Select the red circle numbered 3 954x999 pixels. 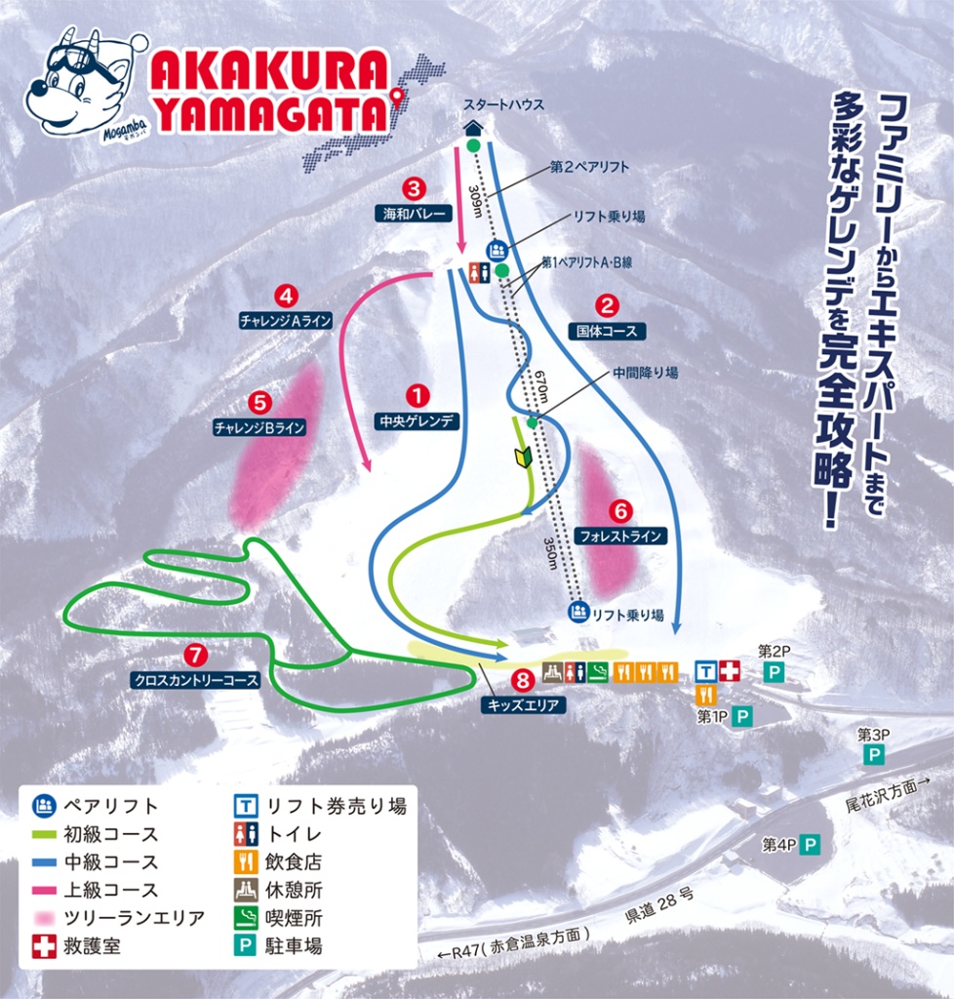pos(414,187)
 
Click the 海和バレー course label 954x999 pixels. pos(414,212)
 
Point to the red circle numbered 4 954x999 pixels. pos(286,295)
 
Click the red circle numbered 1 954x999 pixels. pos(417,396)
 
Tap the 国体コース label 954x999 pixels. pos(607,331)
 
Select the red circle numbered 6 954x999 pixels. pos(621,510)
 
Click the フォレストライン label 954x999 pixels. pos(621,536)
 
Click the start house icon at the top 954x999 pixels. pos(473,126)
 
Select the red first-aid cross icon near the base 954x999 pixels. pos(729,670)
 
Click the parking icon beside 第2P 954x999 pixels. pos(774,672)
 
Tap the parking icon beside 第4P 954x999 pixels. pos(809,845)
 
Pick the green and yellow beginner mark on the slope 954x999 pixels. pos(522,457)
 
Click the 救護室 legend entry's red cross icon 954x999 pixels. pos(44,945)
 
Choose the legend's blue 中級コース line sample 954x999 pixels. pos(44,862)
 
